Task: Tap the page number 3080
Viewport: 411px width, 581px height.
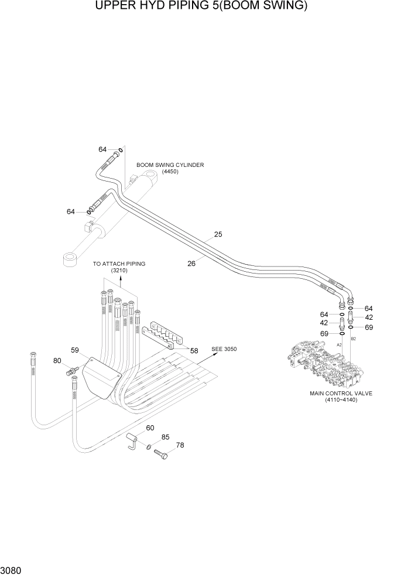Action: click(13, 569)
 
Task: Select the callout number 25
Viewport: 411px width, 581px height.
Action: click(218, 234)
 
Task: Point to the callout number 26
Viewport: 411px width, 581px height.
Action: click(191, 264)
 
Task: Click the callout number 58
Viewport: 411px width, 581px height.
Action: click(194, 351)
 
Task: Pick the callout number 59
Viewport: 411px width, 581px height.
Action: click(75, 350)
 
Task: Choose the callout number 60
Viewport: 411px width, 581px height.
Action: click(150, 428)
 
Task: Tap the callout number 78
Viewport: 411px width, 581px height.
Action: click(180, 445)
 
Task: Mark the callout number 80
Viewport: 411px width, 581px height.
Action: click(57, 361)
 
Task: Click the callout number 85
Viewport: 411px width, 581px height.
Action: click(166, 437)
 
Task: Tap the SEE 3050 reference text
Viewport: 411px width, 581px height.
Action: click(224, 348)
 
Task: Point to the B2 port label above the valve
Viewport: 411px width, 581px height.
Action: click(353, 339)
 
